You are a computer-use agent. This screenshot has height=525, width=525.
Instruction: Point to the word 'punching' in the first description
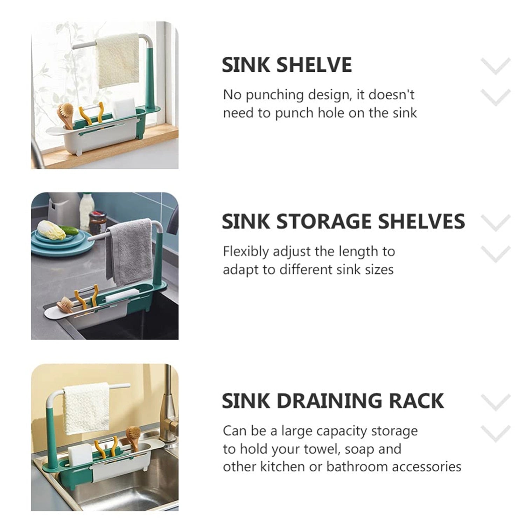point(275,95)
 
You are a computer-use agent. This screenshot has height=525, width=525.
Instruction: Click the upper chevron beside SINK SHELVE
point(496,66)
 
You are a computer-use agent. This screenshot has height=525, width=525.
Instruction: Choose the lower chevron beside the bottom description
point(496,433)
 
